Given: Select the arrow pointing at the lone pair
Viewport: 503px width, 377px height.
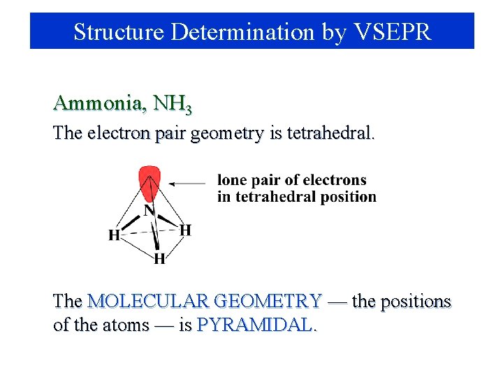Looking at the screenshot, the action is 187,184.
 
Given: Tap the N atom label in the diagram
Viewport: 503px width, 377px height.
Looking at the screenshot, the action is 150,209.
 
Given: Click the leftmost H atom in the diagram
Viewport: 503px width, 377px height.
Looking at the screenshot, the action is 114,235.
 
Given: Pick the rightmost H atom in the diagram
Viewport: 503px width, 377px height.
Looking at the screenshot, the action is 186,230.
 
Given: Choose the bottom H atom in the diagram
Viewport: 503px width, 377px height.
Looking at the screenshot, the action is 159,259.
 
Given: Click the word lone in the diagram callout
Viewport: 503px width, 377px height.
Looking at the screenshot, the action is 233,181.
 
